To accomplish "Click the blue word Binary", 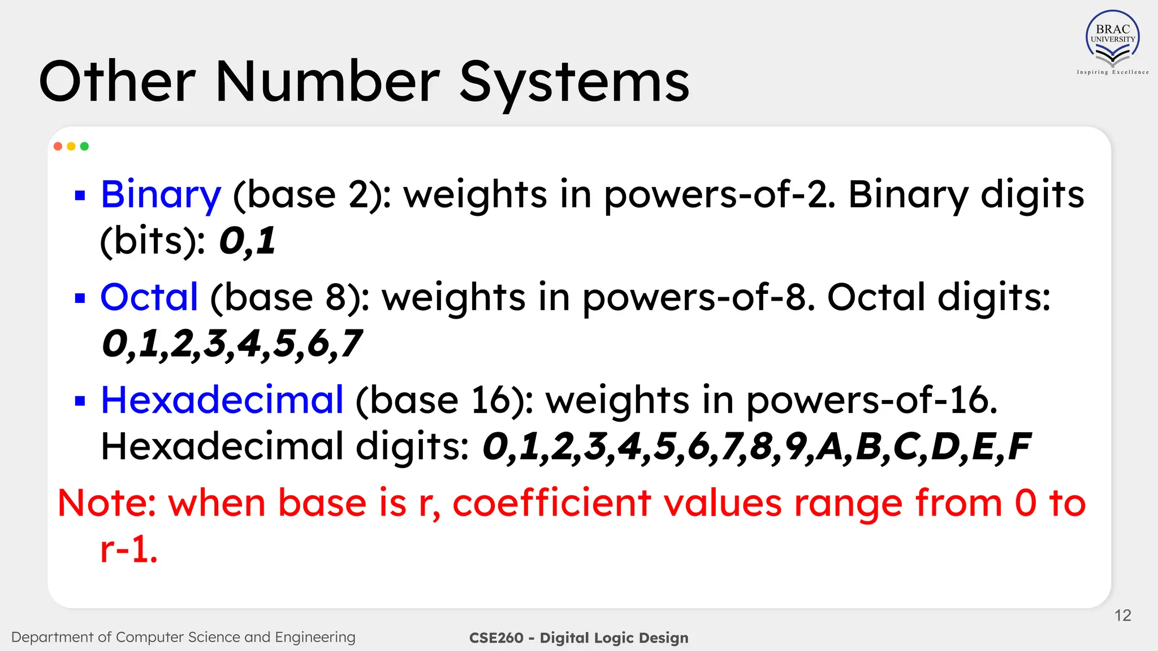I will tap(161, 195).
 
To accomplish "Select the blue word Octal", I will tap(149, 297).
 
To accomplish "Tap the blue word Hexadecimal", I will tap(222, 400).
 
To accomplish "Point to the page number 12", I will tap(1122, 615).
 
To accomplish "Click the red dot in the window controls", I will tap(58, 146).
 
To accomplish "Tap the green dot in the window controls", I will tap(85, 146).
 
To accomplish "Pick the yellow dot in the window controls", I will tap(71, 146).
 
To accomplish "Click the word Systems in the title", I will tap(574, 83).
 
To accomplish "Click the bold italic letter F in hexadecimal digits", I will tap(1018, 446).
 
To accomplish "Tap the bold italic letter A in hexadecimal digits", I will tap(830, 446).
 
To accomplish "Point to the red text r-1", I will tap(128, 549).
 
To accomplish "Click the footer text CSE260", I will tap(496, 638).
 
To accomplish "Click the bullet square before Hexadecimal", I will tap(80, 401).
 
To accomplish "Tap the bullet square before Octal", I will tap(80, 298).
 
